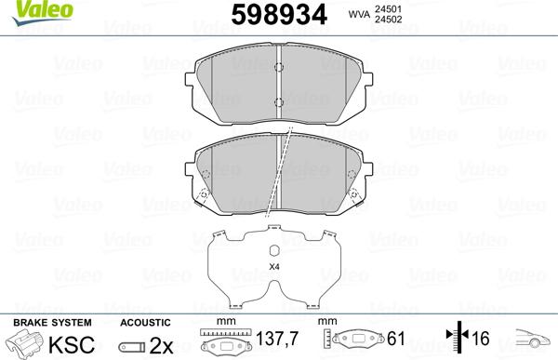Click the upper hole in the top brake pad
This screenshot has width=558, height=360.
(x=281, y=67)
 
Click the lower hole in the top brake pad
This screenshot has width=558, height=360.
(x=281, y=102)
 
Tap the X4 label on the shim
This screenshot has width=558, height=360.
(x=274, y=268)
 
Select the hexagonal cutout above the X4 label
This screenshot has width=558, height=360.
(x=274, y=250)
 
